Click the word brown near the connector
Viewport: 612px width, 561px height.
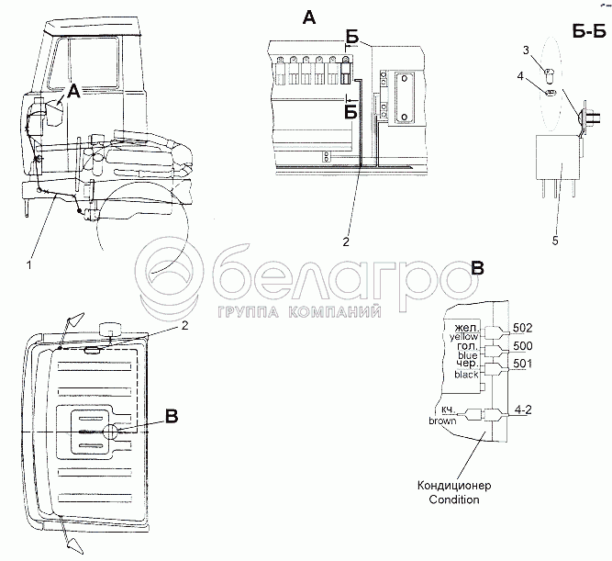coord(442,421)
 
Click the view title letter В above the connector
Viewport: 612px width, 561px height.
coord(477,267)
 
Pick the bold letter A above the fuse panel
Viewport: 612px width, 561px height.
coord(307,17)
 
